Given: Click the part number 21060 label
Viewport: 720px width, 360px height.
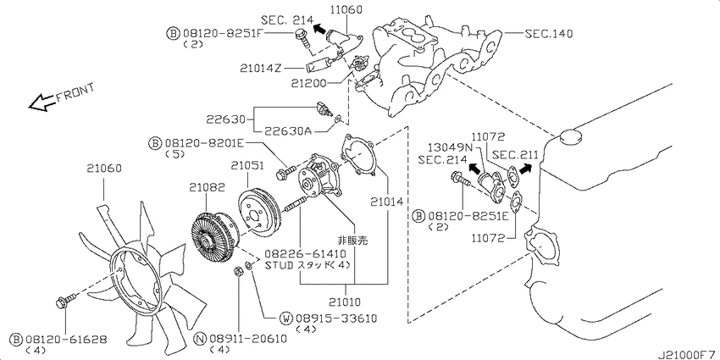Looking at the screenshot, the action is (104, 169).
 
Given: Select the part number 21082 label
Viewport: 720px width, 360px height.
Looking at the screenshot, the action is (207, 187).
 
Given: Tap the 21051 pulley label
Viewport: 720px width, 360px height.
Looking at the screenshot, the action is (247, 165).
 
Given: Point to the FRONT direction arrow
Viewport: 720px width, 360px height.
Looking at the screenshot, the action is (42, 102).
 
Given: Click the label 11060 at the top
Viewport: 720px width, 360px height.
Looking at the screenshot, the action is (345, 8).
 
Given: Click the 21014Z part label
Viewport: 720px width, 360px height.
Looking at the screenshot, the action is (260, 68).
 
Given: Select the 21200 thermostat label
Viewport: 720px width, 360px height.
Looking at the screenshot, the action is (308, 83).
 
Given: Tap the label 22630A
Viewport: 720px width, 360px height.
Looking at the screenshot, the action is (288, 132).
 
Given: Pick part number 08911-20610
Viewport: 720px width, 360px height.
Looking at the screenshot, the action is (247, 339).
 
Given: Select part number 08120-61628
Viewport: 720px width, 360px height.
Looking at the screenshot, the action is (67, 339).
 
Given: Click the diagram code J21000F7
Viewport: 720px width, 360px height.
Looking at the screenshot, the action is (688, 355).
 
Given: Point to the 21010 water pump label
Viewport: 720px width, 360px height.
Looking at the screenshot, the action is (345, 302).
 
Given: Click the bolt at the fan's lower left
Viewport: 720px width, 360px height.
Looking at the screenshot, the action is (64, 302).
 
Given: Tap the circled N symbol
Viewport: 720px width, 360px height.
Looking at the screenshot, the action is (200, 339).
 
